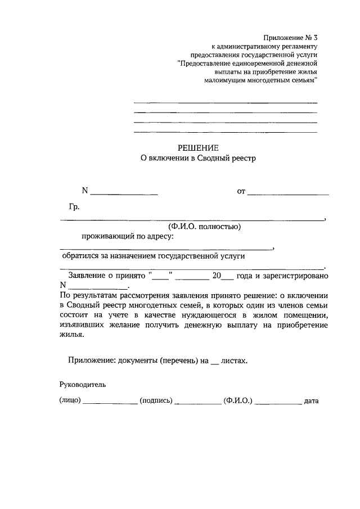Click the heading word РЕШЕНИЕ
click(x=198, y=148)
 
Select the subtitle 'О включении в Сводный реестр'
click(x=198, y=159)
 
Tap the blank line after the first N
click(x=124, y=193)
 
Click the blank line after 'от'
click(x=288, y=193)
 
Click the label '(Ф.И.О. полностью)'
click(x=204, y=227)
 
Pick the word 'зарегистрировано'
click(x=296, y=276)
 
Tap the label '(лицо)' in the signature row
click(x=70, y=402)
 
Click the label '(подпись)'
click(x=155, y=402)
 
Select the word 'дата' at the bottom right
click(x=311, y=402)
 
